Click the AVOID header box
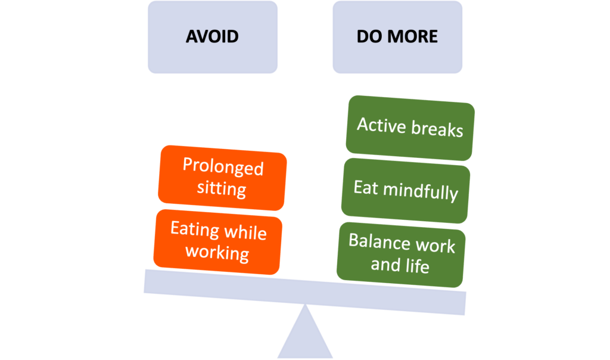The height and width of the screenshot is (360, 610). coord(213,37)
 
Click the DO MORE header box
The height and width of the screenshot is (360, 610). coord(397,37)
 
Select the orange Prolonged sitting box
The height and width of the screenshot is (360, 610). coord(222,178)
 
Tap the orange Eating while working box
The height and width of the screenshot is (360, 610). coord(218,241)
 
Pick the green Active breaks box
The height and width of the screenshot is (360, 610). coord(410,128)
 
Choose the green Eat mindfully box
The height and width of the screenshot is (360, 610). coord(405,191)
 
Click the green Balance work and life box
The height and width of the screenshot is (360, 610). coord(401,255)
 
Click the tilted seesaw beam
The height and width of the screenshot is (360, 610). coord(304,292)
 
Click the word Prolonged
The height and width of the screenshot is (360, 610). coord(223,166)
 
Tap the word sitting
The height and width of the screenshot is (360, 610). coord(222,188)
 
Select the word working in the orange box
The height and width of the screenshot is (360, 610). coord(217,252)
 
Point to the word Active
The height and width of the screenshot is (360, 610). coord(382,125)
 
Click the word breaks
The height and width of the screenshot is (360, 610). coord(437,128)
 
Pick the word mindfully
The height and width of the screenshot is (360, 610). coord(421,191)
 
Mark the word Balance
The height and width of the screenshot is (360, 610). coord(379,241)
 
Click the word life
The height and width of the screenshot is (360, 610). coord(417,266)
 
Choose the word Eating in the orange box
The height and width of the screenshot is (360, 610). coord(195,229)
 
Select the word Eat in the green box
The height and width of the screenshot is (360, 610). coord(366,188)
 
